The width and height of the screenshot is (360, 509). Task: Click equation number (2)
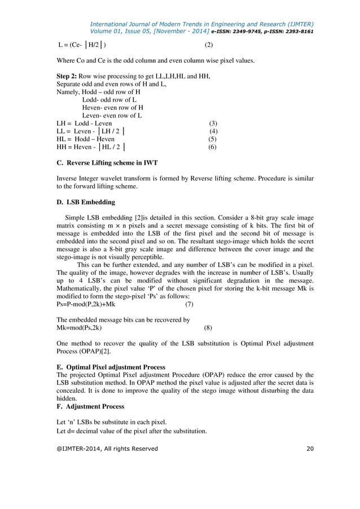coord(208,45)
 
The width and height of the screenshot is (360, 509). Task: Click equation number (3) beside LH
coord(213,123)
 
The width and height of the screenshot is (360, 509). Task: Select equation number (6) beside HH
coord(213,147)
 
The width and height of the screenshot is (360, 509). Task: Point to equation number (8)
coord(208,327)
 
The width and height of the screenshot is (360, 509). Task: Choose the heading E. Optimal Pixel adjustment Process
coord(111,367)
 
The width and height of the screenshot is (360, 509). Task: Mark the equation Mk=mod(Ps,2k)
coord(80,327)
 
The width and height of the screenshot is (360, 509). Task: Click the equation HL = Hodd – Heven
coord(86,139)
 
